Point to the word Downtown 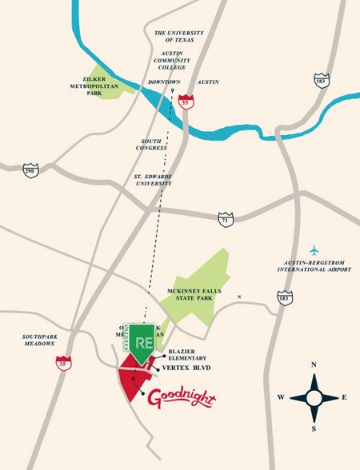(164, 82)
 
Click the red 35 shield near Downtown (186, 100)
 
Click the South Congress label (151, 144)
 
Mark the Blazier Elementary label (191, 355)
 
